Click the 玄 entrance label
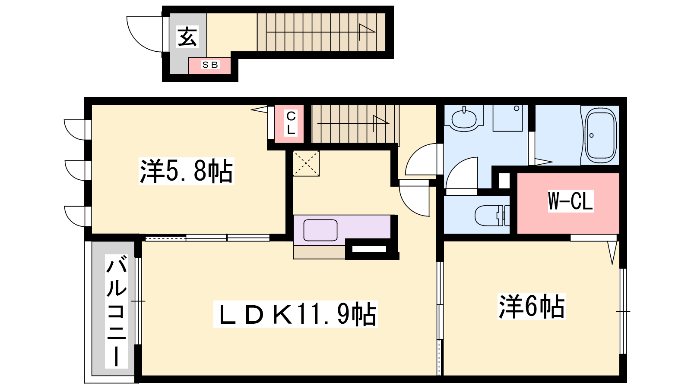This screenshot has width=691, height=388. (x=187, y=37)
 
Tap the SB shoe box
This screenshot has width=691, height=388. (x=209, y=66)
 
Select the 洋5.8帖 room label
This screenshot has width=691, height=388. (x=186, y=171)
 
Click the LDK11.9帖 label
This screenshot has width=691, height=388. (x=295, y=314)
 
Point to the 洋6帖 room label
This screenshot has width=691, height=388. (x=532, y=307)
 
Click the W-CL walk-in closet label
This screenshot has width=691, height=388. (x=571, y=201)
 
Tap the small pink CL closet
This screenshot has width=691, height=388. (x=289, y=123)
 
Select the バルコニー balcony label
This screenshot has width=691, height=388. (x=116, y=311)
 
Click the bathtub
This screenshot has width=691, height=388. (x=600, y=135)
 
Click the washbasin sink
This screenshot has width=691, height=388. (x=464, y=119)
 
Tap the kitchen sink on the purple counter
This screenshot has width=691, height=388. (x=320, y=230)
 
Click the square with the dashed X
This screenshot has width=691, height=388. (x=306, y=163)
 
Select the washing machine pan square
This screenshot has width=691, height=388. (x=507, y=118)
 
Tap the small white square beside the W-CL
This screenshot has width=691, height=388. (x=504, y=181)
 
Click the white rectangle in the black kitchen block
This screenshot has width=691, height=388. (x=369, y=249)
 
